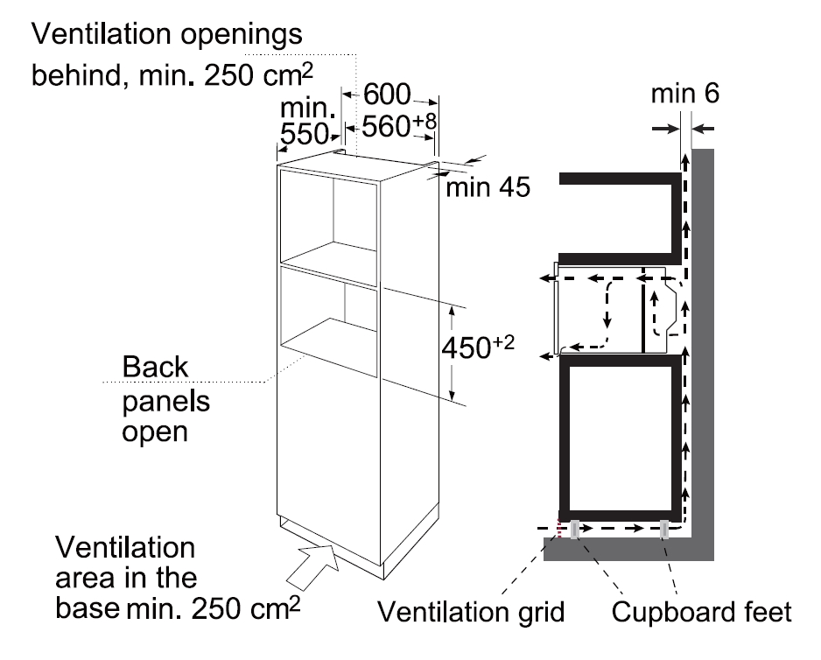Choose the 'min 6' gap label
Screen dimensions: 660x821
pos(686,94)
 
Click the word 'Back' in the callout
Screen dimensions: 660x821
pos(155,367)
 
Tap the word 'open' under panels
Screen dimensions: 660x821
pos(156,432)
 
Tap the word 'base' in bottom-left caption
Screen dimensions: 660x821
pos(88,606)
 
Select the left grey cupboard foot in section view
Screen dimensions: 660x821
pos(576,529)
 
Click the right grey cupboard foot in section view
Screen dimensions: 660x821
pos(666,530)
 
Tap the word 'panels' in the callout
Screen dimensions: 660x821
pos(166,400)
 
